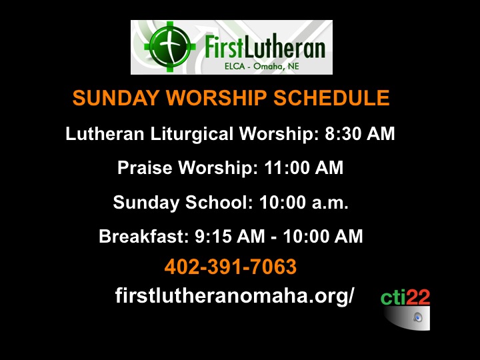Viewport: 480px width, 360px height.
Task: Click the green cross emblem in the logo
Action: (170, 47)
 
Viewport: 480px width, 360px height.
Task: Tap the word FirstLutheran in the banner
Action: (265, 46)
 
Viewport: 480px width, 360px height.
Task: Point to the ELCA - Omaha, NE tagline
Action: (262, 66)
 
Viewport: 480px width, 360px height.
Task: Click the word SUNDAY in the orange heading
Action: (116, 98)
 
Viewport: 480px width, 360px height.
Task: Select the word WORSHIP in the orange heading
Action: (216, 98)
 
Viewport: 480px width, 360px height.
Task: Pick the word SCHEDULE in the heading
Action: (331, 98)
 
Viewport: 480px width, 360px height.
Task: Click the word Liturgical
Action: (191, 134)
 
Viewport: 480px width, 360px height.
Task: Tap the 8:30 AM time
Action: (360, 134)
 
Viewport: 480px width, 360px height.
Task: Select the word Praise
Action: (145, 168)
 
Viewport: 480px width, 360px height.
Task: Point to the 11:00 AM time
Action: (304, 168)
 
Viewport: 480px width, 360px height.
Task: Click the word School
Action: (219, 203)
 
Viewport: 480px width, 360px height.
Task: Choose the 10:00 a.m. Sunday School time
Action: (304, 203)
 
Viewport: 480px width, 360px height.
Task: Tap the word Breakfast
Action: (144, 236)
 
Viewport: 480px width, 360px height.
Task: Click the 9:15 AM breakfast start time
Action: (230, 236)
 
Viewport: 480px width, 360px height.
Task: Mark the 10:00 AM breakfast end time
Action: (323, 236)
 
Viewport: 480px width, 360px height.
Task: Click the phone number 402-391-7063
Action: (231, 266)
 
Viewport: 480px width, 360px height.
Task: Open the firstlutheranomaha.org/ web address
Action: (235, 296)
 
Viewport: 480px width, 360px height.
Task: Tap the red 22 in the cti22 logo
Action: (418, 297)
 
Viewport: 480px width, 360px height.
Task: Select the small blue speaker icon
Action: (418, 317)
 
